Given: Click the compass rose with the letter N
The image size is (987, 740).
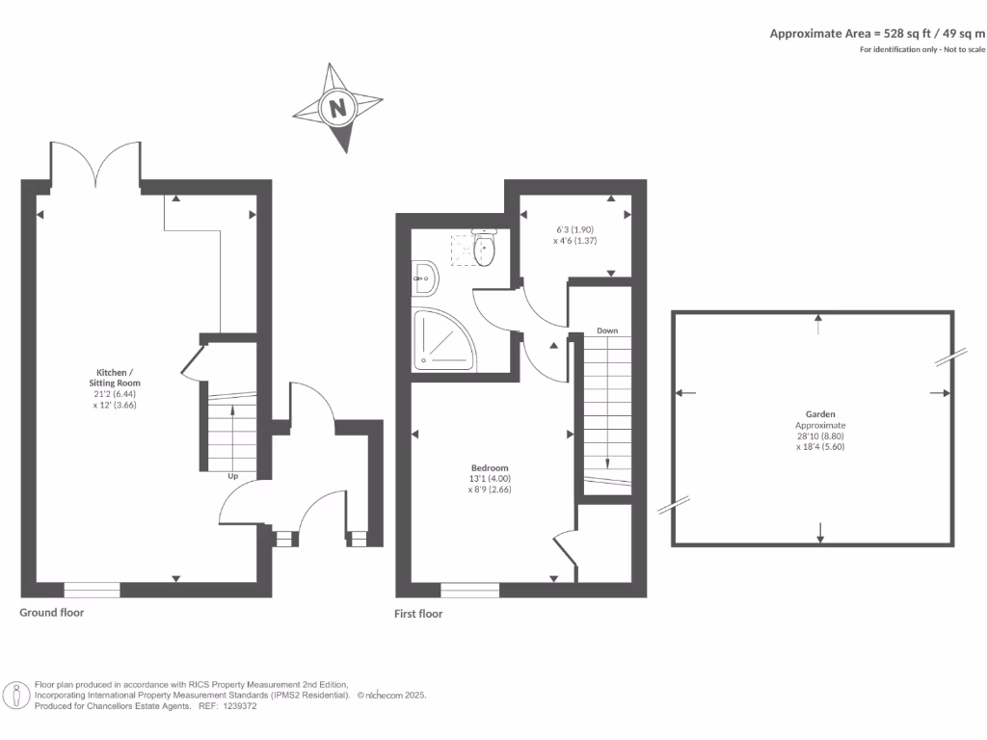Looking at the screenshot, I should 338,108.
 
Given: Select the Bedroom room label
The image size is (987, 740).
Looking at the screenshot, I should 490,468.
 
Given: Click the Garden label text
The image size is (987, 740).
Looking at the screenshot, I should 821,413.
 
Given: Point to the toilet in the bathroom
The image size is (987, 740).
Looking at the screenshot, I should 484,249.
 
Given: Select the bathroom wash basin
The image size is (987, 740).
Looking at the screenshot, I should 424,279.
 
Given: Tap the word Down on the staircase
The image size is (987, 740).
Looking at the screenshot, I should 606,330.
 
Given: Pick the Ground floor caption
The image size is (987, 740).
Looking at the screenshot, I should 52,612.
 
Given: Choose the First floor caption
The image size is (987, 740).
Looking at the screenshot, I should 418,613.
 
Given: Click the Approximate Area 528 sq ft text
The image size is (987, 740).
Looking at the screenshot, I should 876,33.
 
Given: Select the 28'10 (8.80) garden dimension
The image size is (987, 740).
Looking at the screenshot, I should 820,436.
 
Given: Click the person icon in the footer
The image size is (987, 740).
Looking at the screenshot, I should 17,695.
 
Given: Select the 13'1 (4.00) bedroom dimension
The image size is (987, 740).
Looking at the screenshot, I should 490,478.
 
